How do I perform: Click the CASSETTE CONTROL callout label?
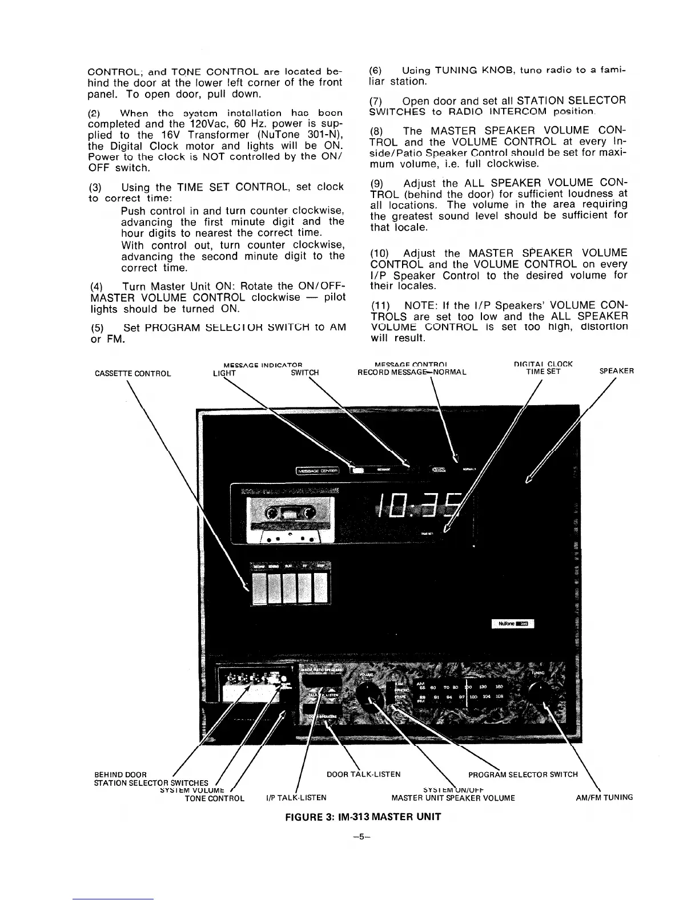click(132, 374)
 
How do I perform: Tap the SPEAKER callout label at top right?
click(616, 371)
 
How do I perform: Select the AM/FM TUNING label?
click(604, 798)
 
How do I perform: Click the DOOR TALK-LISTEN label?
click(363, 774)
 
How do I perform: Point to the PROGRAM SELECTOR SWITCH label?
click(523, 774)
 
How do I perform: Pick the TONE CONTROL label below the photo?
click(215, 798)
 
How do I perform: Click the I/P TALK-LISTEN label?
click(296, 798)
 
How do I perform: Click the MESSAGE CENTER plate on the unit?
click(318, 471)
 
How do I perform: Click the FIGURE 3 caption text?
click(363, 817)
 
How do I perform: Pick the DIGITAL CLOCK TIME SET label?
click(543, 368)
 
